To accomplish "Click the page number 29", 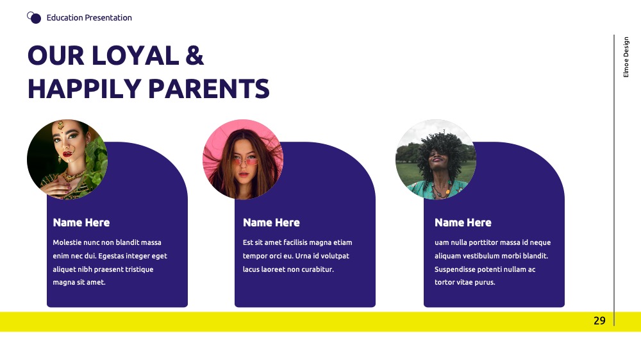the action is [x=599, y=321].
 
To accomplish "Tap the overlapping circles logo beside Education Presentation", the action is [x=34, y=17].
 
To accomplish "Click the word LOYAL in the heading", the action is [x=135, y=56].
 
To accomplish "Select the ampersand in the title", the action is [x=195, y=56].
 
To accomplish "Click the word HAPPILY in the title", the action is [x=85, y=89].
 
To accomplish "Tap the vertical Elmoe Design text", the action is [x=626, y=57].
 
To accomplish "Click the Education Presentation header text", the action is [x=89, y=17].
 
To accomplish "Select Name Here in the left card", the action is [x=81, y=222].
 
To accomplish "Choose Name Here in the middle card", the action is [x=271, y=222].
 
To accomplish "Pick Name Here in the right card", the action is [x=463, y=222].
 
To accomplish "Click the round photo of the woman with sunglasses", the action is [x=243, y=160].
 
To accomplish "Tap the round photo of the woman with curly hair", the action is [x=436, y=160].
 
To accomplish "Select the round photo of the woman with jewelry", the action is [x=67, y=160].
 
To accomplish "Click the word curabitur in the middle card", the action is [x=318, y=269].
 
